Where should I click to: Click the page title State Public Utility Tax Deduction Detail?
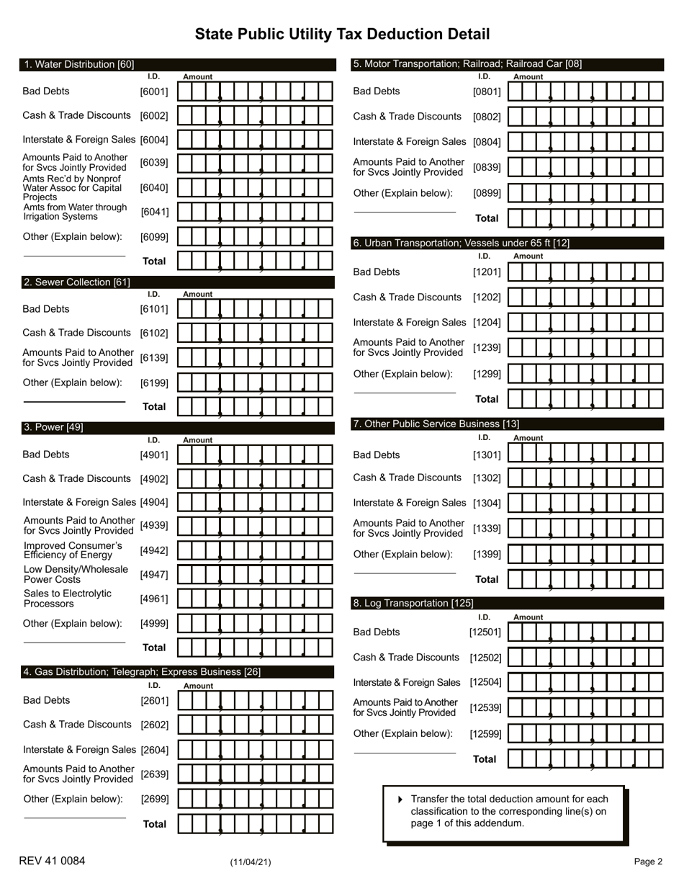click(x=342, y=35)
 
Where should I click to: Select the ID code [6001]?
click(x=154, y=91)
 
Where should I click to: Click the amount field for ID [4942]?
click(x=255, y=551)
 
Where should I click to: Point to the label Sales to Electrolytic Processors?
click(x=68, y=599)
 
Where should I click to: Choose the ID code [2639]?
click(x=155, y=774)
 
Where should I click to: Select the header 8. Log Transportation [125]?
click(x=413, y=604)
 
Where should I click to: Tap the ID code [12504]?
click(x=485, y=682)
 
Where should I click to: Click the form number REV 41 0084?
click(x=52, y=861)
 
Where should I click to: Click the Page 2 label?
click(x=648, y=862)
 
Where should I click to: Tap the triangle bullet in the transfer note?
click(x=400, y=800)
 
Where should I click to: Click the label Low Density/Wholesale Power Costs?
click(x=76, y=574)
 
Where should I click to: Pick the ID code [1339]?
click(x=487, y=529)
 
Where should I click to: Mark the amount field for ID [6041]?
click(x=255, y=212)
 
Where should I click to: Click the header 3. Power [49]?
click(x=53, y=427)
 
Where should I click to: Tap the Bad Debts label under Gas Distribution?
click(x=47, y=700)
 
